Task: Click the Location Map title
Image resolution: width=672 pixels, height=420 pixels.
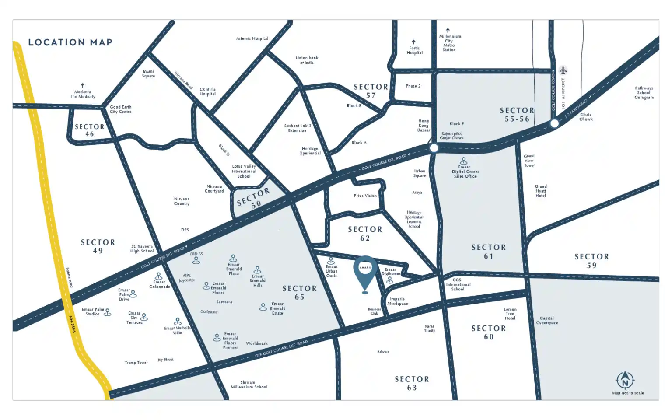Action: pos(70,42)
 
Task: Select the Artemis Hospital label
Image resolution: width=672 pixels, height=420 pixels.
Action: pos(252,38)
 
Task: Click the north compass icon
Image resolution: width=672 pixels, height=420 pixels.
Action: pos(625,380)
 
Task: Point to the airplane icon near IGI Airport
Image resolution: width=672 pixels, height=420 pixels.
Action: pos(563,70)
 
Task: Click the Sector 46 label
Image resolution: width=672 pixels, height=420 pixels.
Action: pos(90,130)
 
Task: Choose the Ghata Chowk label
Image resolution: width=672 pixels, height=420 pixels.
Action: pos(586,117)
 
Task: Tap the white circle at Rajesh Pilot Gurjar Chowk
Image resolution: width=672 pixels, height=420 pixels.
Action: pos(434,148)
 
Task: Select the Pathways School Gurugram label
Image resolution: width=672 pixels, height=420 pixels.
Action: pos(644,93)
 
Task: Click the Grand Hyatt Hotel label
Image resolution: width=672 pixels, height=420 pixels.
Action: pos(541,191)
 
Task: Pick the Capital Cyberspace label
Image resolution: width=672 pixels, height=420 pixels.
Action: pos(547,321)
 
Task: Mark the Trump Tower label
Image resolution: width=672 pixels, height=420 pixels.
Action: pos(136,363)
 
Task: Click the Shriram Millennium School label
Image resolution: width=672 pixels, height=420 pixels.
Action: pos(248,385)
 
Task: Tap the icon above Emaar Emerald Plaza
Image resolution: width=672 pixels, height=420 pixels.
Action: pos(233,258)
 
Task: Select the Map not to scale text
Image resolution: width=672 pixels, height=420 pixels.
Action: pos(628,393)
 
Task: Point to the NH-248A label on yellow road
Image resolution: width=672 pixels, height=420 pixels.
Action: pos(72,324)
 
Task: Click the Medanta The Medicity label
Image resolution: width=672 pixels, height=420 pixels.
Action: pos(83,94)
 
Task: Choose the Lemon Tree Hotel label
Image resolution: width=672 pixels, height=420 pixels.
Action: pos(510,314)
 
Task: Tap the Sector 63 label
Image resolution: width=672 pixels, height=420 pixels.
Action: pos(412,383)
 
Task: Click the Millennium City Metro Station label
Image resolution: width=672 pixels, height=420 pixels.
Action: pos(449,43)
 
